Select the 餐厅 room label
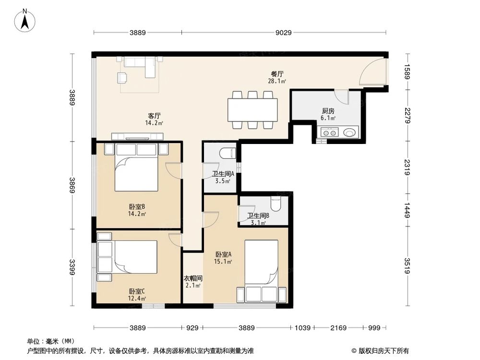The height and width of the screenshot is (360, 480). (x=277, y=74)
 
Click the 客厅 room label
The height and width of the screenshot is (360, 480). (x=154, y=116)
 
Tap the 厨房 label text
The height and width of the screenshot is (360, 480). (x=328, y=111)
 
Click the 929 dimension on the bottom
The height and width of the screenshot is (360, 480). (x=192, y=328)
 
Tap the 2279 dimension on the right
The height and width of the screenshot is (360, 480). (x=407, y=115)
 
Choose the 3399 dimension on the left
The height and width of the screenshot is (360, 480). (x=72, y=268)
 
